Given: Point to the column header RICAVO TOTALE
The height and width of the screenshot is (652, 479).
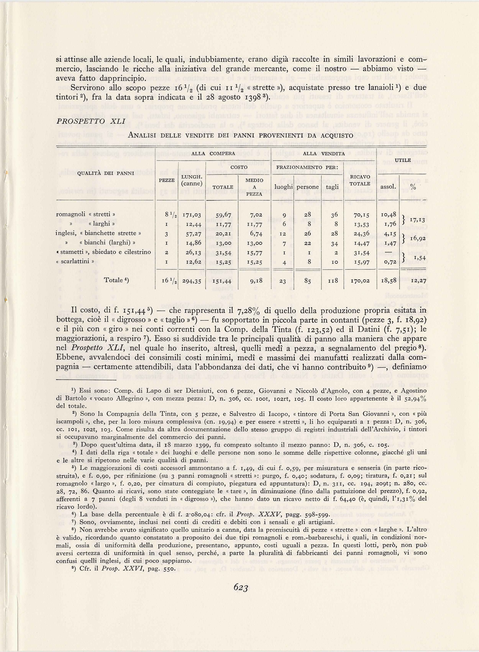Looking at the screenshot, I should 360,180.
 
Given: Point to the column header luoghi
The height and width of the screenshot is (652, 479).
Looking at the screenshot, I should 284,187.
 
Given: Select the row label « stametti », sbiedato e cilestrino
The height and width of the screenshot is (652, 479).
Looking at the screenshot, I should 103,252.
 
